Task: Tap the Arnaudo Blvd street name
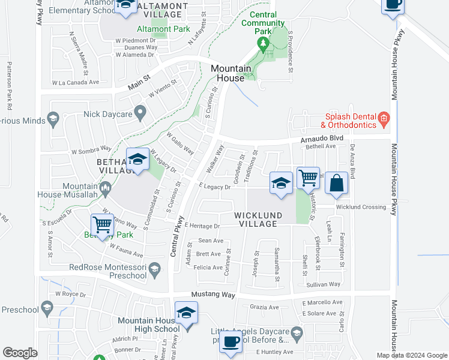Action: (322, 138)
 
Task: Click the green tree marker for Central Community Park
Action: (262, 43)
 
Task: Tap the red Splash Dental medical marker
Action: (384, 121)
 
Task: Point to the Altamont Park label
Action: (163, 29)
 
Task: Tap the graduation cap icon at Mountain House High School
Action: (187, 314)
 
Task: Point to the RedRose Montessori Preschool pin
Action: (155, 268)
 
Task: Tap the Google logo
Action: (20, 352)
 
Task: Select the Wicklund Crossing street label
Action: (361, 207)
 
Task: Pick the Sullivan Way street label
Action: (323, 284)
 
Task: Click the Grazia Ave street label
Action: (265, 307)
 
